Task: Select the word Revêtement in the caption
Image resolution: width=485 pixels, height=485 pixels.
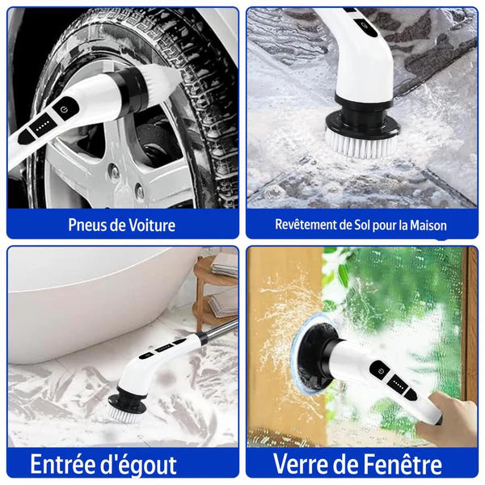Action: (x=307, y=225)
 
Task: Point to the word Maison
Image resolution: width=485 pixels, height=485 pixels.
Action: (x=426, y=225)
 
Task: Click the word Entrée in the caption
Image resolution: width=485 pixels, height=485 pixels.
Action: (x=64, y=465)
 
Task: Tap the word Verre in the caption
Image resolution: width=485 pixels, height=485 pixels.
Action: (x=302, y=465)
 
